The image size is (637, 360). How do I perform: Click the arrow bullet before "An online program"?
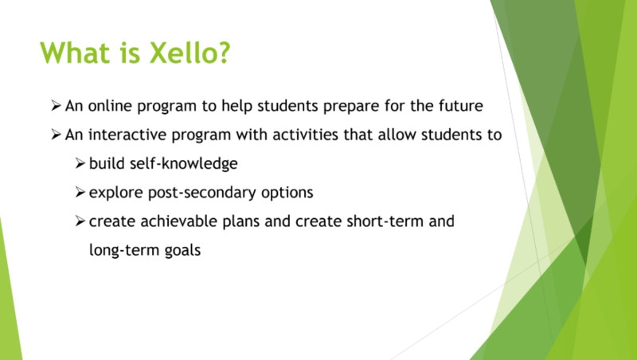click(x=56, y=105)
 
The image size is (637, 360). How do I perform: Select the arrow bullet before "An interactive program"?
click(x=56, y=135)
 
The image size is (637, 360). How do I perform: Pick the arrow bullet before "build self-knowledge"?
click(x=80, y=163)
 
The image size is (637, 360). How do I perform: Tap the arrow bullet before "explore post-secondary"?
click(x=80, y=192)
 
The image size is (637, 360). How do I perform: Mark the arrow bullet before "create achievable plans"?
click(x=80, y=221)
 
